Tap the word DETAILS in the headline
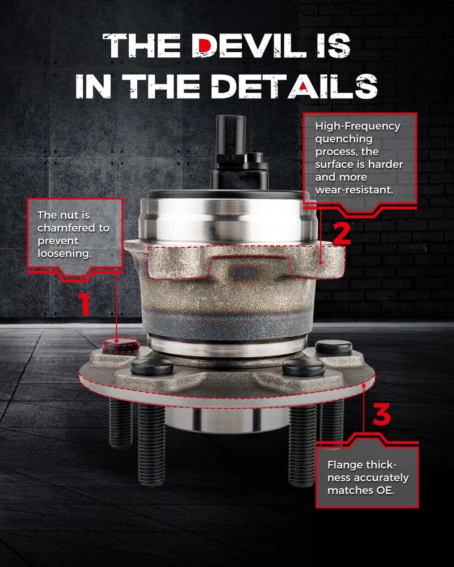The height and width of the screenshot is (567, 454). tap(295, 86)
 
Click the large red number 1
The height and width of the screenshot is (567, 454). tap(85, 303)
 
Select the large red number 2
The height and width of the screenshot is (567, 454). tap(342, 234)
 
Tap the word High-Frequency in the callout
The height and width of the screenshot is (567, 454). tap(358, 126)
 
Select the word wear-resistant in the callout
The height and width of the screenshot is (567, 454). tap(354, 190)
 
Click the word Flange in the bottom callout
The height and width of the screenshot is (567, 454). tap(344, 465)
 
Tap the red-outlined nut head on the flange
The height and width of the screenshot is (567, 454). tap(120, 345)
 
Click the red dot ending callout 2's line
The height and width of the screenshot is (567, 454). tap(321, 263)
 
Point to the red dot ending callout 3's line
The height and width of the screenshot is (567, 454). tap(364, 386)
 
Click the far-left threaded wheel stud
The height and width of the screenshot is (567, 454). tap(120, 423)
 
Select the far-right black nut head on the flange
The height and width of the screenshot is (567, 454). tap(334, 347)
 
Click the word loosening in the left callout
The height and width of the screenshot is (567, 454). tap(64, 253)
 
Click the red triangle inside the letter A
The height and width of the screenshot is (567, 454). tap(304, 86)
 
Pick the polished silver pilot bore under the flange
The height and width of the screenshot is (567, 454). tap(227, 419)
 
